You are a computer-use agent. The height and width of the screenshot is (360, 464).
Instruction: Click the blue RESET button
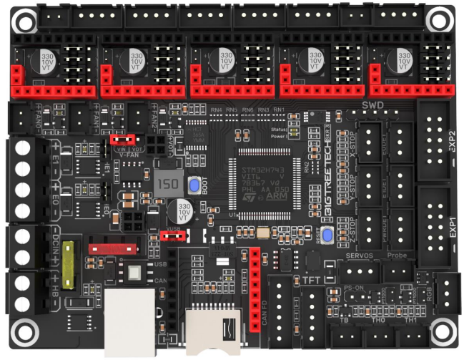click(x=327, y=235)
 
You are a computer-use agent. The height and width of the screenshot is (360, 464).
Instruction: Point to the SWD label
click(x=372, y=105)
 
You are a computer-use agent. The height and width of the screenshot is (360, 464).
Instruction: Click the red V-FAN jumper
click(x=124, y=138)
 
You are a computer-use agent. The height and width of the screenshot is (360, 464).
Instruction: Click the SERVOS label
click(x=360, y=256)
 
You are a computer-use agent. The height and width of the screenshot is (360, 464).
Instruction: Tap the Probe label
click(x=397, y=256)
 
